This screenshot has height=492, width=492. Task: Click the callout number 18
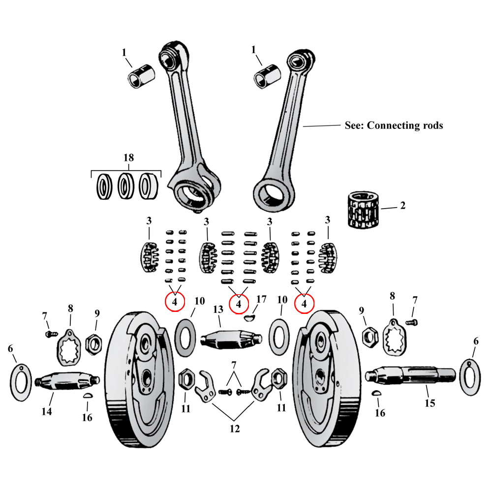[128, 158]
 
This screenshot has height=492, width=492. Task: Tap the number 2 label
[402, 206]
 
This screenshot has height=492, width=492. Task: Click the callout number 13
[218, 309]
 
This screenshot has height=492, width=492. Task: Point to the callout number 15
[430, 403]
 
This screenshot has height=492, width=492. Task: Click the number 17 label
[261, 299]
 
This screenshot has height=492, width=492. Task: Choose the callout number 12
[234, 429]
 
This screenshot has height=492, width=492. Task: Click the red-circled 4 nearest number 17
[239, 304]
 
